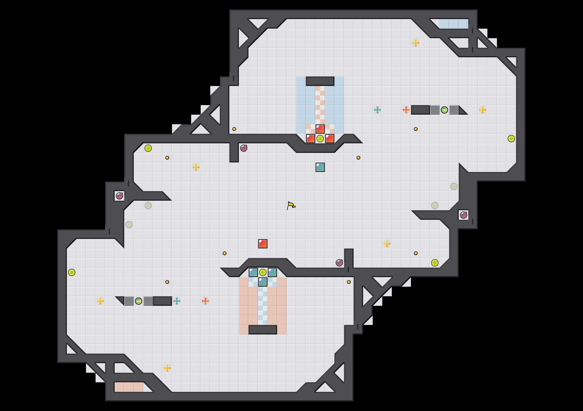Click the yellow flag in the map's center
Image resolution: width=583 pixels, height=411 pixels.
(x=291, y=205)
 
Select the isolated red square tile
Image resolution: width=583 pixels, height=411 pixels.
(x=263, y=243)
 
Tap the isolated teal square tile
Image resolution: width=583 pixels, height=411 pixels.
(x=320, y=167)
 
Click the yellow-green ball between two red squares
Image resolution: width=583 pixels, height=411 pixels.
(x=320, y=139)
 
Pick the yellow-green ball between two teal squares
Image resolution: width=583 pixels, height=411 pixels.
(x=263, y=272)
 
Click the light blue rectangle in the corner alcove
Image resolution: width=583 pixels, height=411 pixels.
(x=454, y=24)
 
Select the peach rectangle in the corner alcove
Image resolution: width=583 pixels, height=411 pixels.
(x=129, y=387)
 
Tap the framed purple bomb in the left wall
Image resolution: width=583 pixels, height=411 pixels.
(x=119, y=196)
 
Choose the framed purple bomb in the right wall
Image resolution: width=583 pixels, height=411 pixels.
(x=463, y=215)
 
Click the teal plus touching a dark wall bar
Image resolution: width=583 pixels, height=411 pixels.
(x=177, y=301)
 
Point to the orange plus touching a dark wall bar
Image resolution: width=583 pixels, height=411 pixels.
(x=406, y=110)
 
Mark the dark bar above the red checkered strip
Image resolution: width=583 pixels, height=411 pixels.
(x=320, y=81)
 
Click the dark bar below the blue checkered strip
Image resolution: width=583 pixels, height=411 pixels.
(x=263, y=330)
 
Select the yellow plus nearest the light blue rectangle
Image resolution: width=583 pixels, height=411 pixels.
(x=416, y=43)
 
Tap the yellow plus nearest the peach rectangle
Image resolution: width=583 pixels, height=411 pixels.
(x=167, y=368)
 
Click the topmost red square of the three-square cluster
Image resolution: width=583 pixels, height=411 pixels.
(x=320, y=129)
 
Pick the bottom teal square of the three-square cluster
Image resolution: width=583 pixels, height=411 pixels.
(x=263, y=282)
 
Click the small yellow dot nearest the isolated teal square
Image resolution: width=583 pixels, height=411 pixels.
(x=358, y=158)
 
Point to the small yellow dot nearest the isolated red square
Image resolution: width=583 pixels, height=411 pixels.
(x=224, y=253)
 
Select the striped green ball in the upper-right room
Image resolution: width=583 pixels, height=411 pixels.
(x=444, y=110)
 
